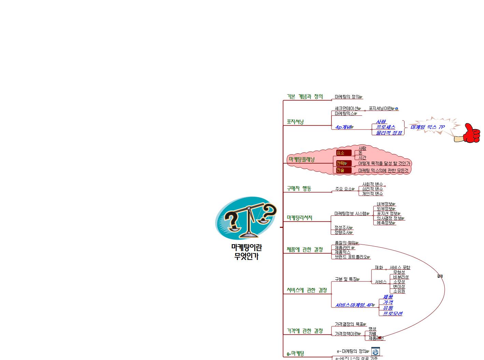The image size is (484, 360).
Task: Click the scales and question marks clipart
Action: [x=246, y=218]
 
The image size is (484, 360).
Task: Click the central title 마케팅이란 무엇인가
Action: [x=246, y=252]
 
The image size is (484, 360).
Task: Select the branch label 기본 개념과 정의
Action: [x=304, y=97]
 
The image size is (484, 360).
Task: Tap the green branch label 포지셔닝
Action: [x=295, y=122]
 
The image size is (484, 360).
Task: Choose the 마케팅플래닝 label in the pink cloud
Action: [x=301, y=160]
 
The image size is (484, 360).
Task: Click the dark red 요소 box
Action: [x=343, y=153]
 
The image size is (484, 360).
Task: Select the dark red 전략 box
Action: [x=343, y=163]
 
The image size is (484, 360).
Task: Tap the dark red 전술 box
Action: [x=343, y=170]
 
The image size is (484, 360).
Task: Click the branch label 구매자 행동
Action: [x=299, y=189]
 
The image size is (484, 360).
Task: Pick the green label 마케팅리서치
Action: [x=299, y=218]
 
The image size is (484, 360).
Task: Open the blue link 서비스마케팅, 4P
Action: [x=354, y=305]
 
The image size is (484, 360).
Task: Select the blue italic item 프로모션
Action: [x=393, y=314]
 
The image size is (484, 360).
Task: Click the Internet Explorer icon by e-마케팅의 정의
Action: [x=375, y=351]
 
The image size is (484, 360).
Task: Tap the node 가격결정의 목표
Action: [x=349, y=324]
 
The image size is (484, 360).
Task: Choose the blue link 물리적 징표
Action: [x=389, y=133]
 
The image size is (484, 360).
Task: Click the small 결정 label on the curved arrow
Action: [x=440, y=276]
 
